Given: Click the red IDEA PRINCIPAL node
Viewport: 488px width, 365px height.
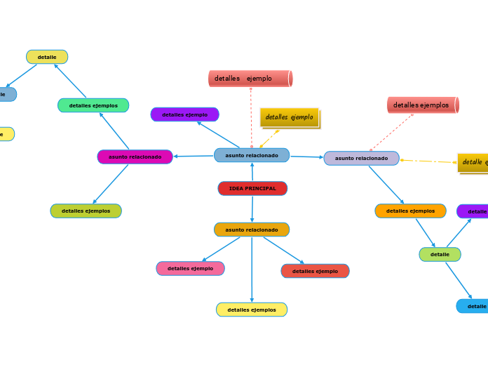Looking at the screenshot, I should click(x=252, y=188).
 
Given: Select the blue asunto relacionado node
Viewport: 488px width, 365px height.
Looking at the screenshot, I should click(x=252, y=155).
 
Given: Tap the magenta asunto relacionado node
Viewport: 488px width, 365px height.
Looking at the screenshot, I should click(x=135, y=157).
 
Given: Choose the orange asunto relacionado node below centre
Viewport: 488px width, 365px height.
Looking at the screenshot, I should click(x=252, y=230).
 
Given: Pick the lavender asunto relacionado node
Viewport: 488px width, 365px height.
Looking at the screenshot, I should click(x=361, y=159).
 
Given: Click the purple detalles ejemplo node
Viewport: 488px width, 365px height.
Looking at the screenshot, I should click(x=184, y=114).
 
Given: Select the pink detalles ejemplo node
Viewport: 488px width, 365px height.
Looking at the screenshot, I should click(x=190, y=268).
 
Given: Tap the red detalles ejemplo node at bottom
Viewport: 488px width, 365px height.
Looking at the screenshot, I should click(x=315, y=271).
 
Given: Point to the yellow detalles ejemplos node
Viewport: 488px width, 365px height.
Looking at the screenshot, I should click(x=252, y=310).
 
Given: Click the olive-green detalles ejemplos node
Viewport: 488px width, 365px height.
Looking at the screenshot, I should click(x=86, y=211).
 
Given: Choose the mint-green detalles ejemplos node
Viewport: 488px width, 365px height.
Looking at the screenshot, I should click(x=93, y=105).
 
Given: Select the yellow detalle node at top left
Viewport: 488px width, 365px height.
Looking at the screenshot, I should click(x=47, y=57).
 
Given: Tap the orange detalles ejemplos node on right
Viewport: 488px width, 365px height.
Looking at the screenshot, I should click(x=410, y=211).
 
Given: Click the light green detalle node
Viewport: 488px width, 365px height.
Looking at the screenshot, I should click(x=440, y=254).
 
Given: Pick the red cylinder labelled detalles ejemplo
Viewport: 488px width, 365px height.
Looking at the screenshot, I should click(x=250, y=79).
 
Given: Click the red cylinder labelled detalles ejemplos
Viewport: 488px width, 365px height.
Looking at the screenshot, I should click(x=422, y=105).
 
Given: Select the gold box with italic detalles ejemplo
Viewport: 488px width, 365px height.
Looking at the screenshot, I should click(x=290, y=117).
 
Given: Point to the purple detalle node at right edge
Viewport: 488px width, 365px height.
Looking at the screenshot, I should click(x=474, y=211).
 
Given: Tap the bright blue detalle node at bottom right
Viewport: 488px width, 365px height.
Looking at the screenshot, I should click(x=474, y=306).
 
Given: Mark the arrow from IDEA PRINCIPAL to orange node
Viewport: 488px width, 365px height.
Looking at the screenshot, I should click(x=252, y=209).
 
